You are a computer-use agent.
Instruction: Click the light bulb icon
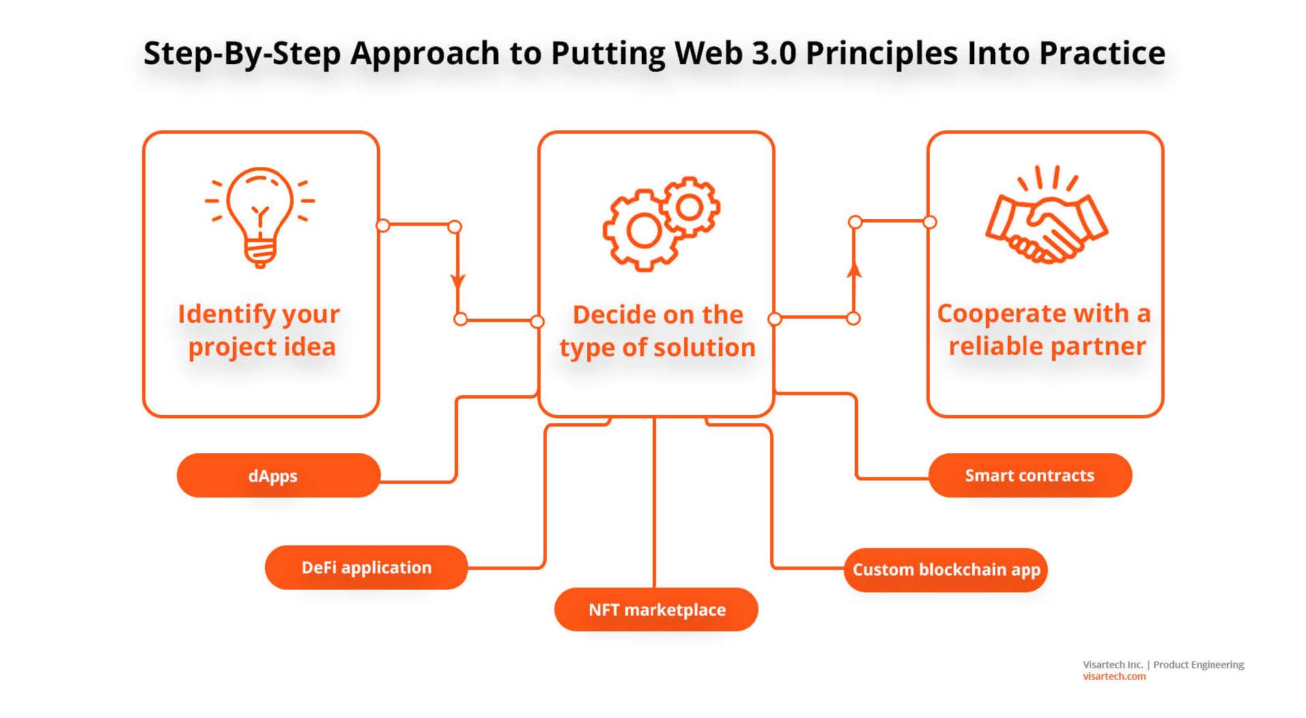259,217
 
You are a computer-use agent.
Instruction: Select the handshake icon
1046,218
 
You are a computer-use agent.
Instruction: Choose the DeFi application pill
366,568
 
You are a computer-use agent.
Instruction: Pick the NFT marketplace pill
656,609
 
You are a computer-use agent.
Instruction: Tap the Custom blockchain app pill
946,570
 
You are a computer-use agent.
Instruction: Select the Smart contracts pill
1030,476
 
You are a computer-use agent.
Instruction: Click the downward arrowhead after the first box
457,281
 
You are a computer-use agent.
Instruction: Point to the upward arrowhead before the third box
853,270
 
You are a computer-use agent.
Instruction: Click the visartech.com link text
1113,677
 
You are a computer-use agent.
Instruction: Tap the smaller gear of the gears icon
690,207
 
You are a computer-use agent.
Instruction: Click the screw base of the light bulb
259,255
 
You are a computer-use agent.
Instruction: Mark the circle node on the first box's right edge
383,226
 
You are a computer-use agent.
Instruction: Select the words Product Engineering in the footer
1198,665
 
